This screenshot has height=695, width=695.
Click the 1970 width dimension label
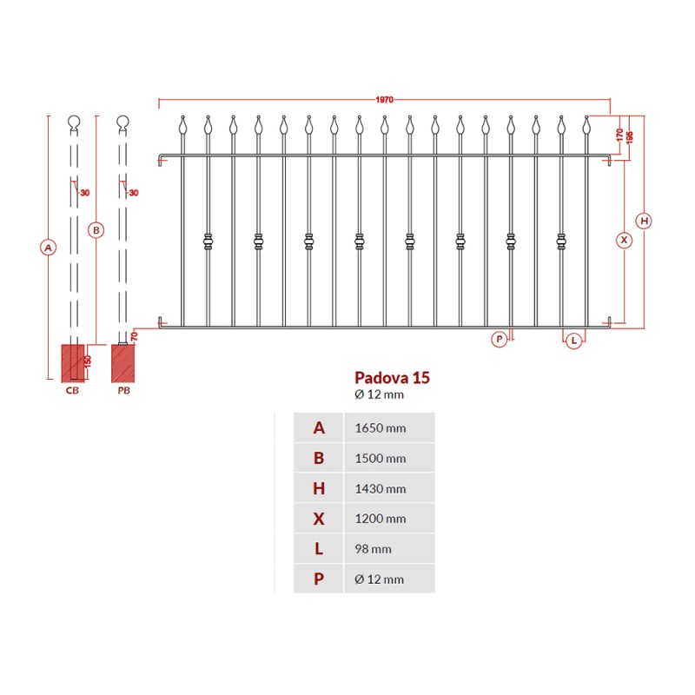click(384, 100)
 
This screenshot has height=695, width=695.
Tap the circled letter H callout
click(644, 221)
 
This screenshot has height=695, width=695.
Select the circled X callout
click(624, 241)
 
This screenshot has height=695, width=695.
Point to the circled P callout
click(499, 340)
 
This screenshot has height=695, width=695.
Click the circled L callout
click(573, 341)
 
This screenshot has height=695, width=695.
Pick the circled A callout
click(49, 248)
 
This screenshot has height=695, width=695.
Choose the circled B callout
click(96, 230)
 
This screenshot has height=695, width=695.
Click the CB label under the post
click(72, 390)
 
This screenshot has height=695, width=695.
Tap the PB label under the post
click(123, 390)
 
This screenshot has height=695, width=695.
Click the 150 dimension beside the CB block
click(88, 361)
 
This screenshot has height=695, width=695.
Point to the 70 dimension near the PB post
click(135, 336)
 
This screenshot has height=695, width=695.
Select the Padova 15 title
click(393, 378)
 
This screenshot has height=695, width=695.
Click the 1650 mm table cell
click(381, 428)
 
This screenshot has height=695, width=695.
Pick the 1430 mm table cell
click(381, 489)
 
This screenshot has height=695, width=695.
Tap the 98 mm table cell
click(373, 549)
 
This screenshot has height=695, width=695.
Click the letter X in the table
click(319, 519)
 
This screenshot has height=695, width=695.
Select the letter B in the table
click(319, 459)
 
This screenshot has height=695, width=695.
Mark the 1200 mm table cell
click(381, 519)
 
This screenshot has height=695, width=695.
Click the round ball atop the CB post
click(74, 121)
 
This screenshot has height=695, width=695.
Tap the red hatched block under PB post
click(122, 363)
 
